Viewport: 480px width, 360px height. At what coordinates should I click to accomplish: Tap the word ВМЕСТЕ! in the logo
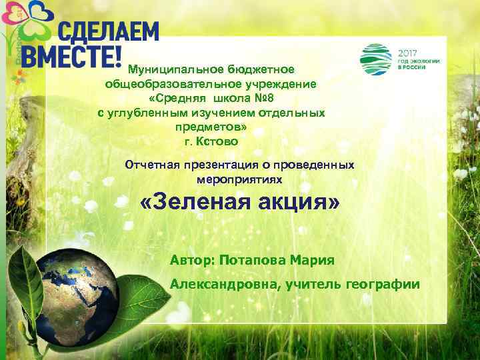point(70,56)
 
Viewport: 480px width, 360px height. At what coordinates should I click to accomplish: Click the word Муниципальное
point(175,69)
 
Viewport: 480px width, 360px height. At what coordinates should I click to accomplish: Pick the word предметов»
point(211,127)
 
